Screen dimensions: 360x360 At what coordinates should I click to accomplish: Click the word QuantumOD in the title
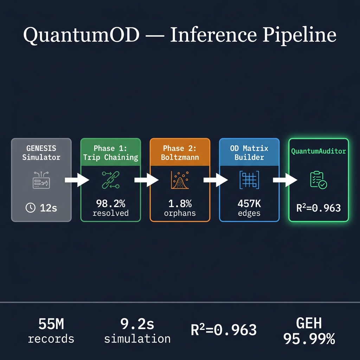(81, 35)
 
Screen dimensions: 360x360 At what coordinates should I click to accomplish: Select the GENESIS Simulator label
(41, 153)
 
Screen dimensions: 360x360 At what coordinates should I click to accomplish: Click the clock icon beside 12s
(31, 208)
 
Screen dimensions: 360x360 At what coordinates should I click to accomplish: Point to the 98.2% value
(110, 204)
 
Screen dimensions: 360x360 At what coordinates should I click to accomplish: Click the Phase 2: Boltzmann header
(180, 153)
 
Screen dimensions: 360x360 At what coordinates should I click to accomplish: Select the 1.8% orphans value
(180, 204)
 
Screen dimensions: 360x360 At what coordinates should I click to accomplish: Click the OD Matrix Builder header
(249, 153)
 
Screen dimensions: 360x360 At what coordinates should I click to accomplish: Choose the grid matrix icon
(249, 180)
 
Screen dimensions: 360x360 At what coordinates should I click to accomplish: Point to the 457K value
(249, 204)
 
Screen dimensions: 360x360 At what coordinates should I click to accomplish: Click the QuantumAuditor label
(318, 151)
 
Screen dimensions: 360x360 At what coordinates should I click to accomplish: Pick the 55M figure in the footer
(51, 324)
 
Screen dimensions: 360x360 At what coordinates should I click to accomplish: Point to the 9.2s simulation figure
(137, 324)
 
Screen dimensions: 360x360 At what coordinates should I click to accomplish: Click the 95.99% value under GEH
(309, 339)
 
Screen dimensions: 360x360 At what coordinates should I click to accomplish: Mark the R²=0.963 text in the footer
(224, 330)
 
